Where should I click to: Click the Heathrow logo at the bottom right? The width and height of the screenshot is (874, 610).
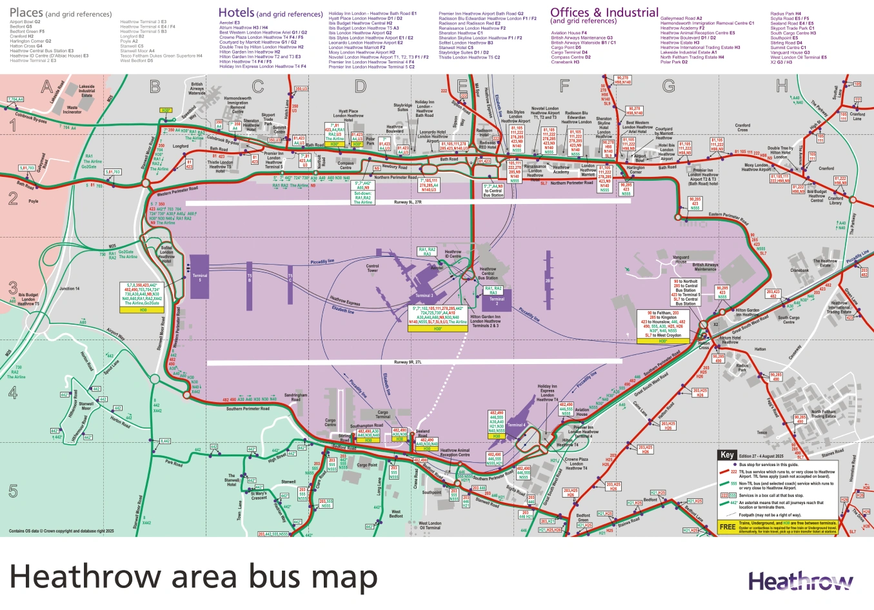pyautogui.click(x=800, y=581)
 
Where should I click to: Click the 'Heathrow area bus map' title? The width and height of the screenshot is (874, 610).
pyautogui.click(x=193, y=577)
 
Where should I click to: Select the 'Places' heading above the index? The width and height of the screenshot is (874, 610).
pyautogui.click(x=26, y=12)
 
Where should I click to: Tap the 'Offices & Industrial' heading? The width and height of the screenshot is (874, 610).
pyautogui.click(x=604, y=12)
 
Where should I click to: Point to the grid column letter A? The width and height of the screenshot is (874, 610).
pyautogui.click(x=46, y=86)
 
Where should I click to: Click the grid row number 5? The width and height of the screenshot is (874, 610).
pyautogui.click(x=13, y=491)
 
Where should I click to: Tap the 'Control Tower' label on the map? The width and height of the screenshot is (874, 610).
pyautogui.click(x=372, y=267)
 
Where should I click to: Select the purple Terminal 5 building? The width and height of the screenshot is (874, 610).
pyautogui.click(x=199, y=277)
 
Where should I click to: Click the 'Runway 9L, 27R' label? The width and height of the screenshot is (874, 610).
pyautogui.click(x=407, y=202)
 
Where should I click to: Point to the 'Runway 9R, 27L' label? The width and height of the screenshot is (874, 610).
pyautogui.click(x=408, y=363)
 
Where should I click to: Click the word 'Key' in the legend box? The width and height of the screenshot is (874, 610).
pyautogui.click(x=727, y=455)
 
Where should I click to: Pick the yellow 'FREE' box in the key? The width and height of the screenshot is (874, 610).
pyautogui.click(x=727, y=527)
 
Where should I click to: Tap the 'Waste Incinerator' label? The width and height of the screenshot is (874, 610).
pyautogui.click(x=72, y=110)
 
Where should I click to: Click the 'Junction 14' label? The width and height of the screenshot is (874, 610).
pyautogui.click(x=70, y=289)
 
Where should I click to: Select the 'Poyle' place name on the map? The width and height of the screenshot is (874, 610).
pyautogui.click(x=33, y=201)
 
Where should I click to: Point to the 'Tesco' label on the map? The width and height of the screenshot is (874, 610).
pyautogui.click(x=762, y=432)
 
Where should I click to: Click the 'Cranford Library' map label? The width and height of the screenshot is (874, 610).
pyautogui.click(x=835, y=201)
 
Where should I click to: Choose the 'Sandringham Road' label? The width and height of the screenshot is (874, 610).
pyautogui.click(x=296, y=397)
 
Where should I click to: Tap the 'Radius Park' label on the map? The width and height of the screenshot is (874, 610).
pyautogui.click(x=742, y=368)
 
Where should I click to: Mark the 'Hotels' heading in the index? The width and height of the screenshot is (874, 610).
pyautogui.click(x=236, y=12)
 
